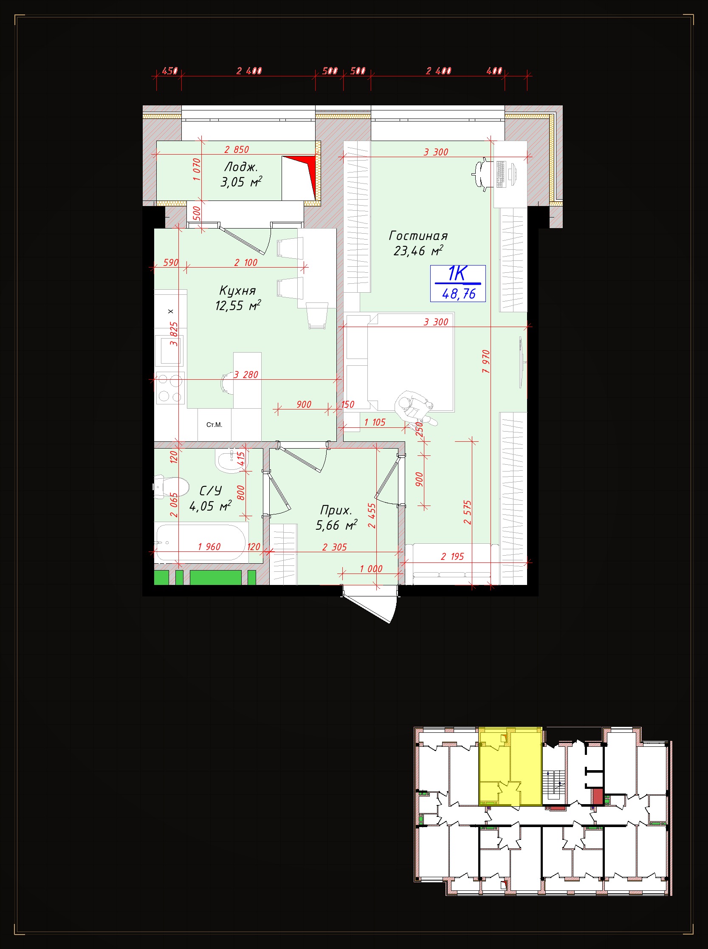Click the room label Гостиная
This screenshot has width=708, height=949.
point(418,236)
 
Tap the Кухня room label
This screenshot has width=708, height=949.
point(237,291)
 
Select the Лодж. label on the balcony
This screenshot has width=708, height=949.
point(241,167)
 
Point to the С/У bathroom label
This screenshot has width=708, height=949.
point(210,490)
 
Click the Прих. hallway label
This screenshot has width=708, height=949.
point(336,510)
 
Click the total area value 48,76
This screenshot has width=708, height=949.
point(459,294)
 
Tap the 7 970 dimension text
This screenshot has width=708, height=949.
point(485,362)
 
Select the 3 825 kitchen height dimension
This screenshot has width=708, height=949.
point(174,334)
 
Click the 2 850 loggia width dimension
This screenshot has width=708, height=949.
point(237,150)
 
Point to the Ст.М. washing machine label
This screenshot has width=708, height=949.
point(214,425)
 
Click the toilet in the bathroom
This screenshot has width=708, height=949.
point(172,487)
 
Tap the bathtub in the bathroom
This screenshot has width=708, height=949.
point(201,542)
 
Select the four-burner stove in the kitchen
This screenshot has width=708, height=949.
point(170,388)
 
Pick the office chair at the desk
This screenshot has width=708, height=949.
point(482,174)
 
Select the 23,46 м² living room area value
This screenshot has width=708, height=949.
point(418,250)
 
